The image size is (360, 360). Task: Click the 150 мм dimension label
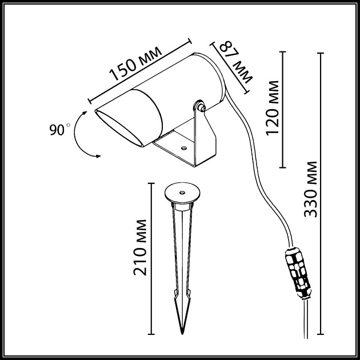[x=135, y=64]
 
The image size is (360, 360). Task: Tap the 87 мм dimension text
[x=236, y=62]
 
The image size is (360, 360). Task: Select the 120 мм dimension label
[x=273, y=108]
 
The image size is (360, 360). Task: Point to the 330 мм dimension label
[x=310, y=189]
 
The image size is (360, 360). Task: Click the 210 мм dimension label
[x=140, y=247]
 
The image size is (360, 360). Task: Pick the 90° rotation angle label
[x=59, y=130]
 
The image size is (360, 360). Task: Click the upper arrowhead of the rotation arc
[x=85, y=113]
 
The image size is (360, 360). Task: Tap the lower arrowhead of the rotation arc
[x=98, y=156]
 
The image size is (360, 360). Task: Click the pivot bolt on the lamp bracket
[x=202, y=107]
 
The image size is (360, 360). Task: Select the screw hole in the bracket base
[x=183, y=148]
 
